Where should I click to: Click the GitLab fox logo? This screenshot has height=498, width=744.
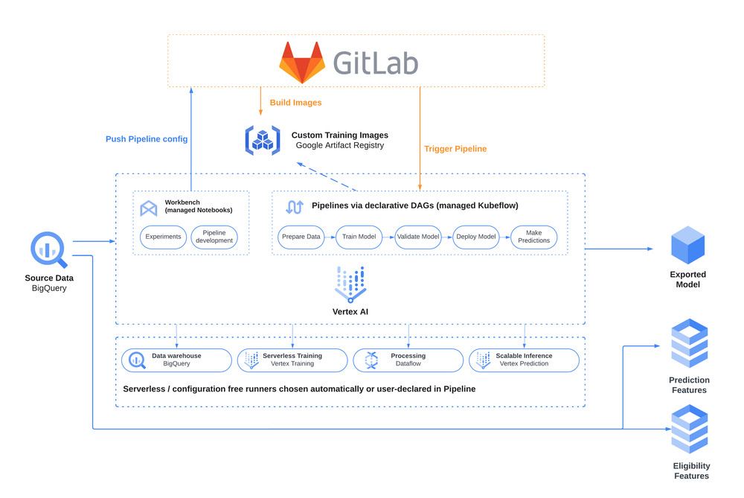[x=302, y=63]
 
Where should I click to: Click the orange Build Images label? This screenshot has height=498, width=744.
[x=295, y=102]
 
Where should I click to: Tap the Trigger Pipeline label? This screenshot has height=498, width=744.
[x=455, y=149]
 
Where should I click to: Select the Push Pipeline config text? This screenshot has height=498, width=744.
[x=147, y=139]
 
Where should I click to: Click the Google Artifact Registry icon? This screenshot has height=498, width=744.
[x=262, y=140]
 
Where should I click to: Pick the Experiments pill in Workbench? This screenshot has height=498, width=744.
[x=163, y=237]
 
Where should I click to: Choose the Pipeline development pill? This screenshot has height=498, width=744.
[x=214, y=237]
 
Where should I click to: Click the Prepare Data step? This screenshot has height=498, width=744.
[x=301, y=237]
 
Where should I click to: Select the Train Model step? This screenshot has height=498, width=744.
[x=359, y=237]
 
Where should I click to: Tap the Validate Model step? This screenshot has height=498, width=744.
[x=418, y=237]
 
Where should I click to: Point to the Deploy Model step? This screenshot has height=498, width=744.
[x=476, y=237]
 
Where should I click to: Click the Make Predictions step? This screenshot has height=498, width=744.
[x=533, y=237]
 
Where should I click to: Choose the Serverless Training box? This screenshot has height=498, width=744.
[x=292, y=360]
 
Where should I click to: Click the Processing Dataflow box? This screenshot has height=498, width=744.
[x=408, y=360]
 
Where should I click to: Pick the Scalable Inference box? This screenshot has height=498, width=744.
[x=524, y=360]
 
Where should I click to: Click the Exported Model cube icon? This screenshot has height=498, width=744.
[x=687, y=246]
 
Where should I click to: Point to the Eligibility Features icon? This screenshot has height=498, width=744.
[x=690, y=430]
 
